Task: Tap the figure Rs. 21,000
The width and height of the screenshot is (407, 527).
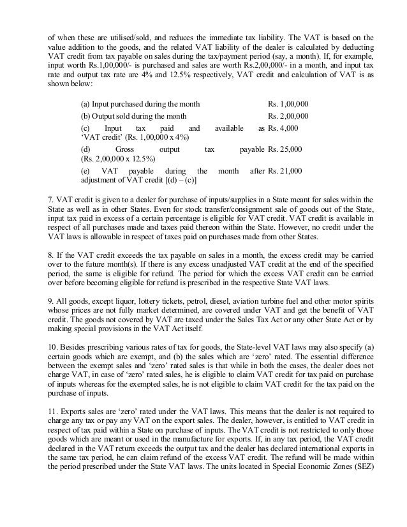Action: click(285, 171)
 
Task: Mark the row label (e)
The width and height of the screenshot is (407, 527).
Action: click(85, 171)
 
